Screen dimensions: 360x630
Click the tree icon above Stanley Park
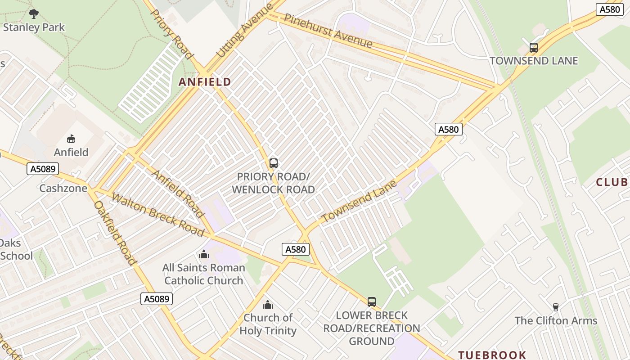(34, 14)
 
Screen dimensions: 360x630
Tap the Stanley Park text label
(34, 27)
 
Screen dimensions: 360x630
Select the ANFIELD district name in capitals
(205, 82)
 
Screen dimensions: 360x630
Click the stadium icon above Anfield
(71, 139)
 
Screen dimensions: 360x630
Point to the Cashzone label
(63, 188)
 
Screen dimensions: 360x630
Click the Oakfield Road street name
(115, 233)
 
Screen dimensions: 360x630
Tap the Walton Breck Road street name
(157, 215)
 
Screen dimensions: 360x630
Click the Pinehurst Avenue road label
(328, 31)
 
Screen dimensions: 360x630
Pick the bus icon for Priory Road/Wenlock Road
(273, 163)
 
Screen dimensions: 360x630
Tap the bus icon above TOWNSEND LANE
(533, 48)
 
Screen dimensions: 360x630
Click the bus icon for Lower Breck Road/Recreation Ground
(371, 301)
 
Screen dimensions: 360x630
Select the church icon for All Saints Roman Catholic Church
(204, 255)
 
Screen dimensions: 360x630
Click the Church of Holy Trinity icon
(268, 305)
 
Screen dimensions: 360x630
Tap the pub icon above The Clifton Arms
(555, 307)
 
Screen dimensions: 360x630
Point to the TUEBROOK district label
(492, 355)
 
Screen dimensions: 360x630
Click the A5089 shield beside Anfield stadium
(43, 169)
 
